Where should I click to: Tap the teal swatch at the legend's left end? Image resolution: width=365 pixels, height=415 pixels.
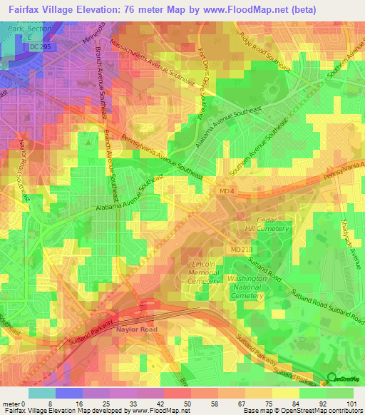[41, 393]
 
